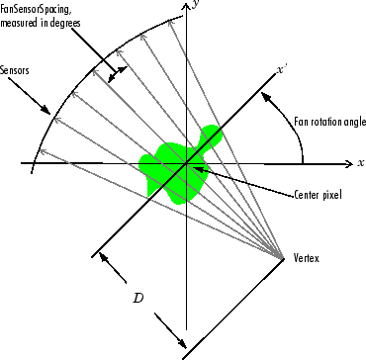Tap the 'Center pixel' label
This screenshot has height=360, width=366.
pos(319,195)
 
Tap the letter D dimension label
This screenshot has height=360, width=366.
pos(140,297)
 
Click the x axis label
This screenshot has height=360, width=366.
pos(361,161)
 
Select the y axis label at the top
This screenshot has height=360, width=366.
pos(199,6)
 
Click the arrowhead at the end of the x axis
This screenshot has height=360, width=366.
pos(349,162)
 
